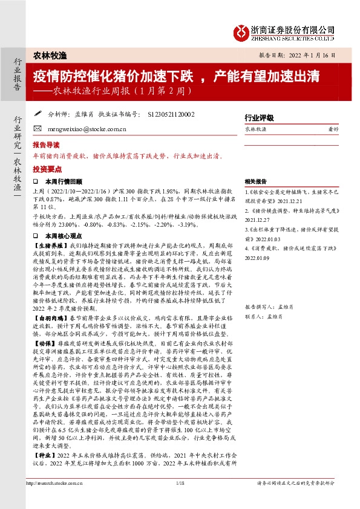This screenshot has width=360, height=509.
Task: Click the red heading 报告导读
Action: tap(46, 146)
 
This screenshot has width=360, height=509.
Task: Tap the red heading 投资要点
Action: tap(46, 169)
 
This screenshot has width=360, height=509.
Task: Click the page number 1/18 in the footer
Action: tap(180, 500)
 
